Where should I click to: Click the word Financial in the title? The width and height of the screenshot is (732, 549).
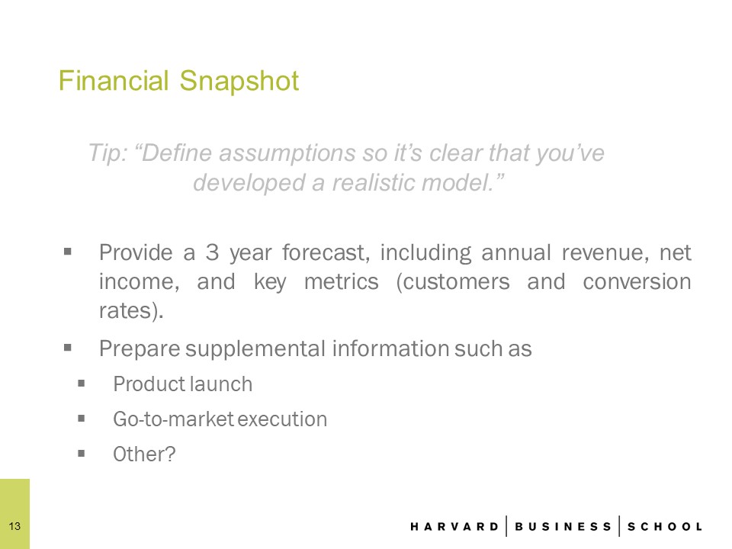tap(114, 81)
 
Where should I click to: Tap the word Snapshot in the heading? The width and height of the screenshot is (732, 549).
tap(239, 82)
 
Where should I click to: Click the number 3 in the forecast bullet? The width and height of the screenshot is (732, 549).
tap(213, 252)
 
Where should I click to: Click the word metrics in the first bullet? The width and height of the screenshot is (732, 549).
tap(342, 282)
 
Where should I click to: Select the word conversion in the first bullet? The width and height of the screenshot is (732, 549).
tap(637, 282)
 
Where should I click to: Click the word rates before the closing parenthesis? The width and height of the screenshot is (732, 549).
tap(126, 311)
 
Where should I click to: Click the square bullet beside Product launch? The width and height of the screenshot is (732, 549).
tap(82, 384)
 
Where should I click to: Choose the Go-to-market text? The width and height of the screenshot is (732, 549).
tap(173, 419)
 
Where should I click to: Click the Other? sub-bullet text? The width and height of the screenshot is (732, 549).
tap(144, 454)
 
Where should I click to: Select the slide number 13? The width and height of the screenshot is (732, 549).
tap(14, 526)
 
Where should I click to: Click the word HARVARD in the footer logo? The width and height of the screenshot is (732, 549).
tap(454, 527)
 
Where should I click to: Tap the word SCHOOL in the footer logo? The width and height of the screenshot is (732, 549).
tap(665, 527)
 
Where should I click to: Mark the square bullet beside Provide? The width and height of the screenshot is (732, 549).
tap(68, 252)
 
